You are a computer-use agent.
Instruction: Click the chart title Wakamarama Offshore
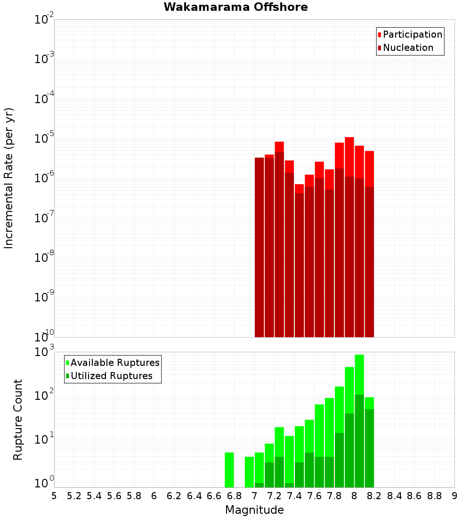click(x=235, y=7)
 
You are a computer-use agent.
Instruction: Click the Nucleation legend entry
click(x=407, y=48)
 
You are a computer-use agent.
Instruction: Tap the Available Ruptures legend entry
click(x=114, y=363)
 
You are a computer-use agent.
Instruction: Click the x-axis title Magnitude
click(x=254, y=510)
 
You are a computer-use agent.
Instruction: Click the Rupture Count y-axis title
click(x=18, y=419)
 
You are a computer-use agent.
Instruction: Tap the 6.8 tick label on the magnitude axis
click(x=234, y=496)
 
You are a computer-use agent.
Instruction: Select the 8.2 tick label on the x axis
click(x=374, y=496)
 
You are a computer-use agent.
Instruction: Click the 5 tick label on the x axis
click(x=54, y=496)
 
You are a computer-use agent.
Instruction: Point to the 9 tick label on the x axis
click(x=454, y=496)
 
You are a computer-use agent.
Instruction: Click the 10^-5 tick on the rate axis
click(x=44, y=138)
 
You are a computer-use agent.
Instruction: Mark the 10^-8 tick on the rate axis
click(x=44, y=258)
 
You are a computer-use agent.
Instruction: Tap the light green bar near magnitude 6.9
click(x=249, y=472)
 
